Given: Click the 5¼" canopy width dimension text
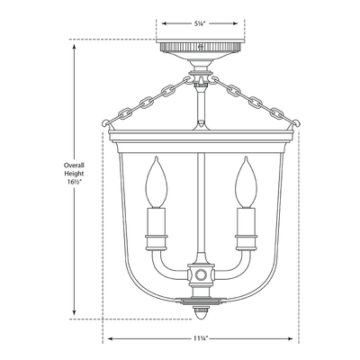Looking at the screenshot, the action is [200, 23].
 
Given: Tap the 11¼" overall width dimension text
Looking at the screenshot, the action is [200, 338].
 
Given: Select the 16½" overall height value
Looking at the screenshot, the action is [74, 182].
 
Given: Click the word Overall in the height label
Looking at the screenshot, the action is [74, 165].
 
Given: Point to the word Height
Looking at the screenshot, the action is [74, 174].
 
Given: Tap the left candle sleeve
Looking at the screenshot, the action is [156, 221].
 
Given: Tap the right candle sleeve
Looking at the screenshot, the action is [246, 221].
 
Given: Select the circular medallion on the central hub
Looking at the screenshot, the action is [201, 274].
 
